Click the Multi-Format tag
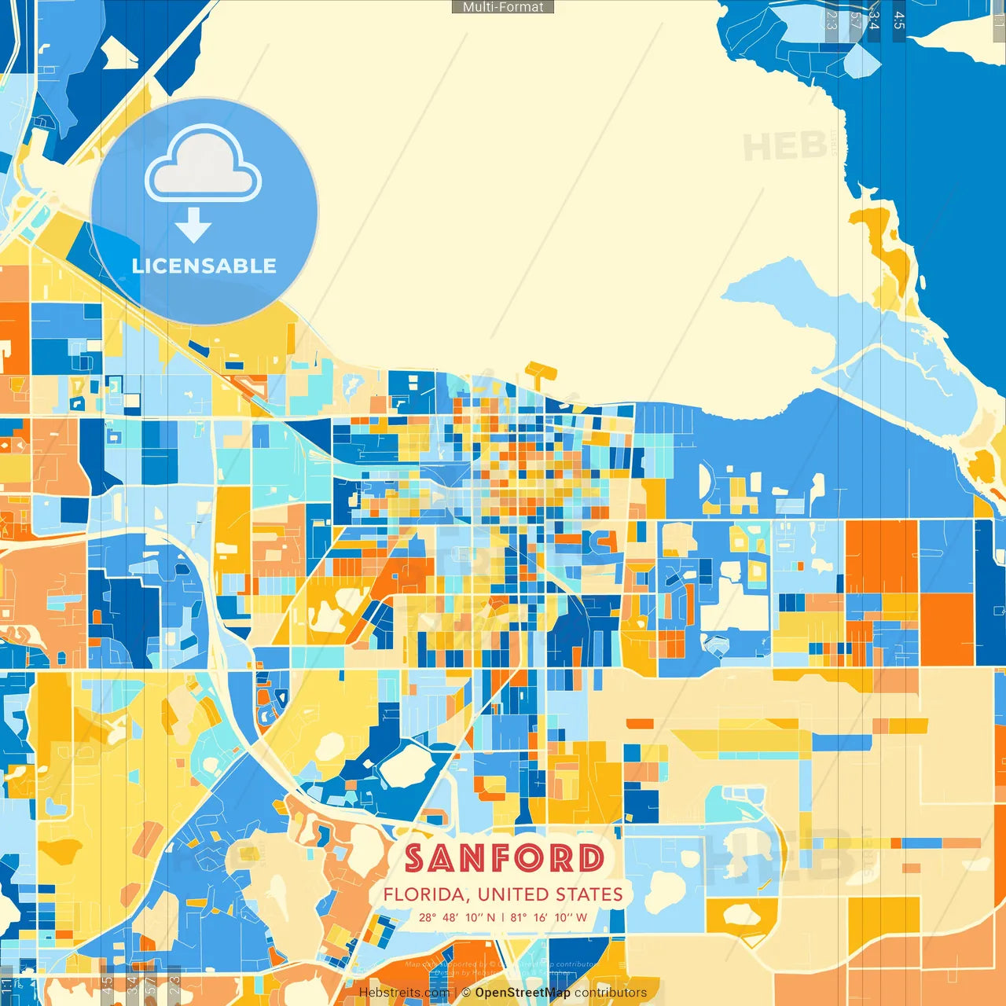pyautogui.click(x=503, y=7)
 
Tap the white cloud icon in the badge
pyautogui.click(x=204, y=167)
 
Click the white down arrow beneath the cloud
pyautogui.click(x=193, y=226)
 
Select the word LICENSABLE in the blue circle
pyautogui.click(x=204, y=266)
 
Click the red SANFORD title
pyautogui.click(x=505, y=858)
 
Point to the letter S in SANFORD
pyautogui.click(x=417, y=858)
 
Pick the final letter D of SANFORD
pyautogui.click(x=590, y=858)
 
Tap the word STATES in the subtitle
pyautogui.click(x=589, y=894)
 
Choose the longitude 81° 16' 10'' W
pyautogui.click(x=549, y=917)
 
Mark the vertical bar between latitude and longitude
pyautogui.click(x=503, y=917)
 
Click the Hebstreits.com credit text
pyautogui.click(x=404, y=993)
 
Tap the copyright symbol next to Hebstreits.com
pyautogui.click(x=466, y=993)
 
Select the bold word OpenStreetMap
pyautogui.click(x=523, y=993)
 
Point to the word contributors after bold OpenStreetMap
pyautogui.click(x=611, y=993)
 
